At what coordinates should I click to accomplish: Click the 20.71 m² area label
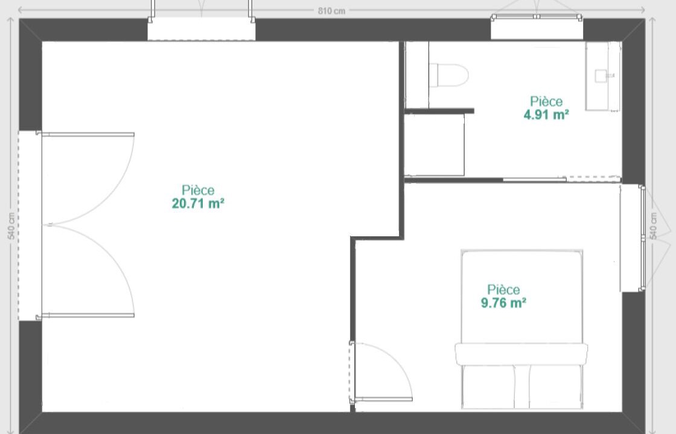[x=198, y=203]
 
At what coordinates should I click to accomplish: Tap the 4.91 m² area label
[x=546, y=115]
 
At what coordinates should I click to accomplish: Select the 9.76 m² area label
[x=503, y=303]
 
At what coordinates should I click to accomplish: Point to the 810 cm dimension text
[x=331, y=11]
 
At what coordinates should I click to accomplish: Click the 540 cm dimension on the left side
[x=11, y=225]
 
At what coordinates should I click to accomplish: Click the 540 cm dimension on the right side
[x=653, y=225]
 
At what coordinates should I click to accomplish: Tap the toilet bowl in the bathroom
[x=449, y=75]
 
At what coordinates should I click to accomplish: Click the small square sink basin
[x=601, y=76]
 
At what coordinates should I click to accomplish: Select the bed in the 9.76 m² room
[x=521, y=329]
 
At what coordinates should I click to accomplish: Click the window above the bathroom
[x=537, y=17]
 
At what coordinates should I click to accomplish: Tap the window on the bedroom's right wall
[x=642, y=238]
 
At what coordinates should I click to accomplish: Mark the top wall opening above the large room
[x=202, y=29]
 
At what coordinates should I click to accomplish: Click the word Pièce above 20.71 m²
[x=198, y=190]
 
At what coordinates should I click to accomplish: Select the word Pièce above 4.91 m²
[x=546, y=101]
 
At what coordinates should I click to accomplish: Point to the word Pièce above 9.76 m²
[x=503, y=289]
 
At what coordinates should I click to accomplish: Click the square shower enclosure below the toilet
[x=434, y=145]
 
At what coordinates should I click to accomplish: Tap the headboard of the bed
[x=521, y=354]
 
